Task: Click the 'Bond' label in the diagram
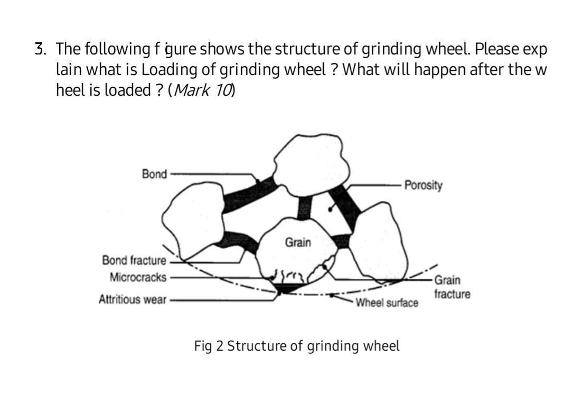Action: (x=154, y=174)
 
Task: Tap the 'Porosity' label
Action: (x=423, y=185)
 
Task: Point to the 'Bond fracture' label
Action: (x=134, y=260)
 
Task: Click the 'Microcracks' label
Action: (x=138, y=277)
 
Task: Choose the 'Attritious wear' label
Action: (x=132, y=300)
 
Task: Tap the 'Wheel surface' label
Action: (x=387, y=303)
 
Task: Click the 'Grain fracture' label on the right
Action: (x=452, y=287)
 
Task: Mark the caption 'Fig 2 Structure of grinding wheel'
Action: (x=297, y=346)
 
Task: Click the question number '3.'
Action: (x=40, y=50)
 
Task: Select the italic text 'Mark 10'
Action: (x=203, y=90)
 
